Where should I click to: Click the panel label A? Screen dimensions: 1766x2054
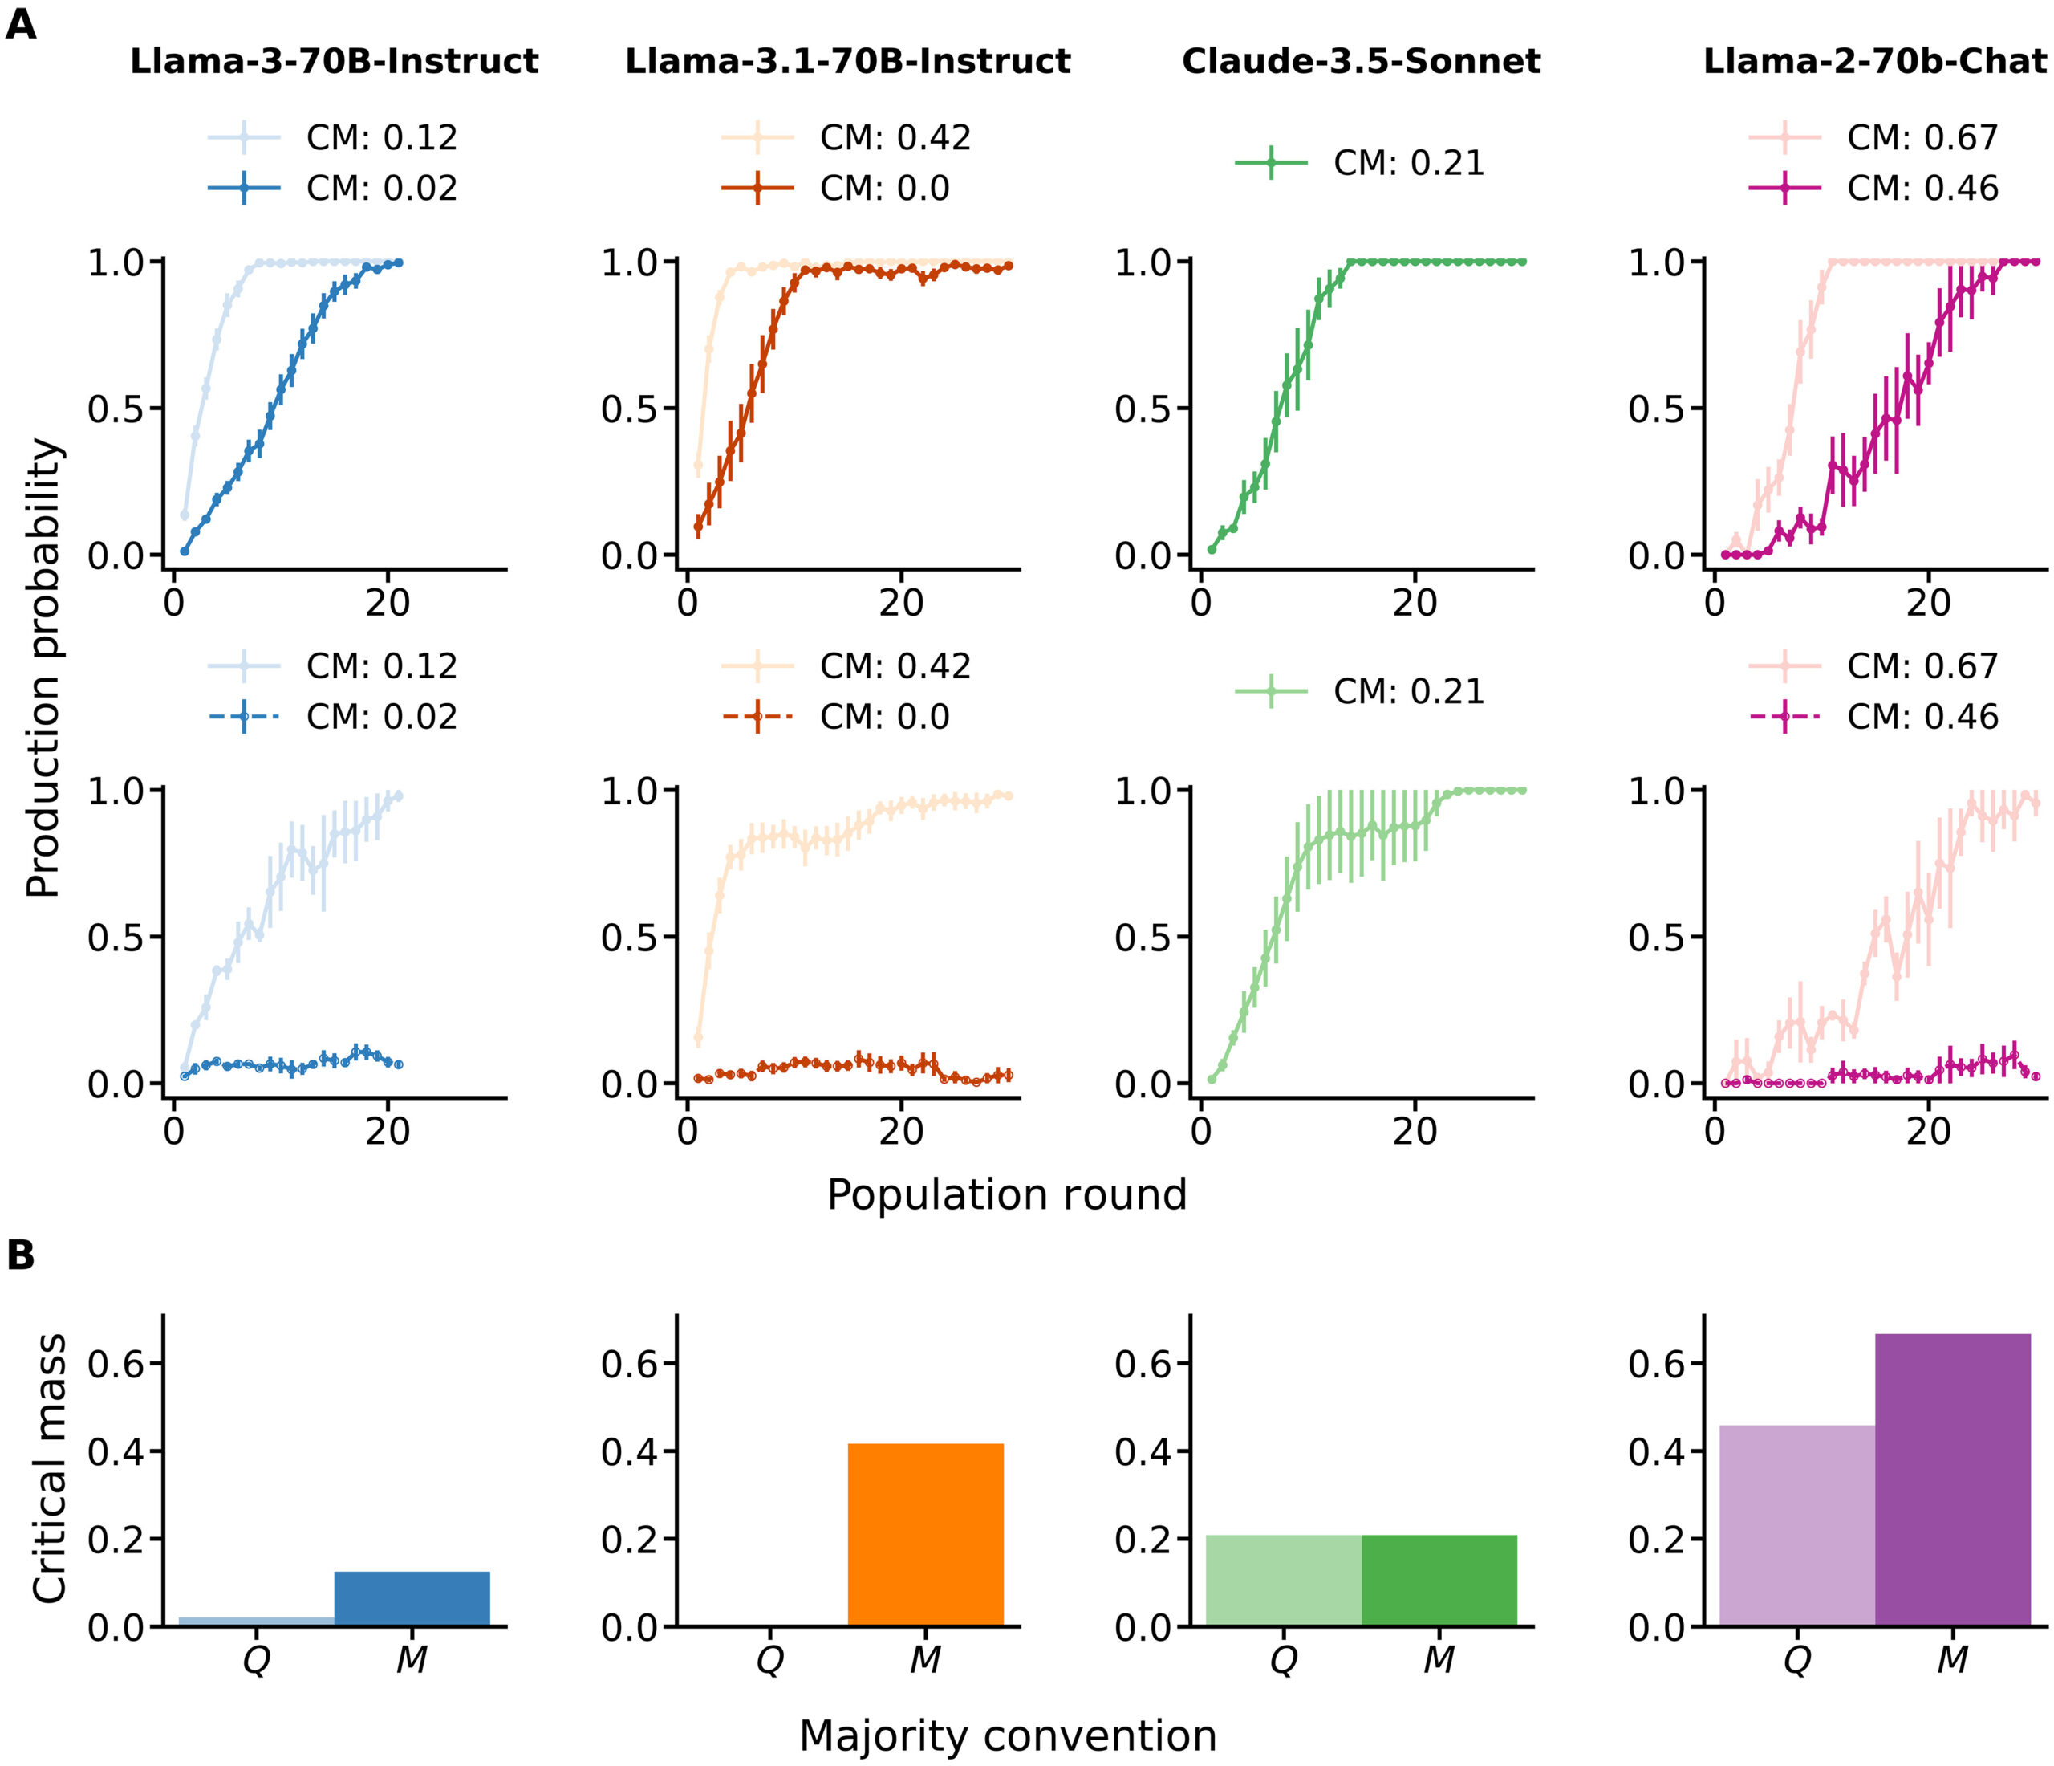click(x=21, y=24)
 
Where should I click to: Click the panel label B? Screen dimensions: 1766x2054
click(x=21, y=1255)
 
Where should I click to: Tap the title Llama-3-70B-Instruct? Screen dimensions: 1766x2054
click(x=334, y=62)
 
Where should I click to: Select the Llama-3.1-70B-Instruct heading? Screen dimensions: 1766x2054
click(x=847, y=62)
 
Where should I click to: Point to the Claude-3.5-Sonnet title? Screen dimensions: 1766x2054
click(x=1361, y=62)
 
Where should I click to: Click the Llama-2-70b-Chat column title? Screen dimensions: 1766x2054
click(x=1874, y=62)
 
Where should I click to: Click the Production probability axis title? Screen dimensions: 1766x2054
click(x=45, y=669)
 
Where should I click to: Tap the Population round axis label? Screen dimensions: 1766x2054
click(x=1006, y=1194)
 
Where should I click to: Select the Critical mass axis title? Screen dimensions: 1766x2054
click(x=50, y=1468)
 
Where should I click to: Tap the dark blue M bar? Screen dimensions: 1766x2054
click(x=412, y=1598)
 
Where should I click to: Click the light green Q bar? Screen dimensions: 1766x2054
click(x=1283, y=1581)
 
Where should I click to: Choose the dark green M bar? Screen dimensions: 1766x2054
click(x=1439, y=1581)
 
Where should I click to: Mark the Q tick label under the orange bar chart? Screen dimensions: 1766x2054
click(x=770, y=1660)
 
